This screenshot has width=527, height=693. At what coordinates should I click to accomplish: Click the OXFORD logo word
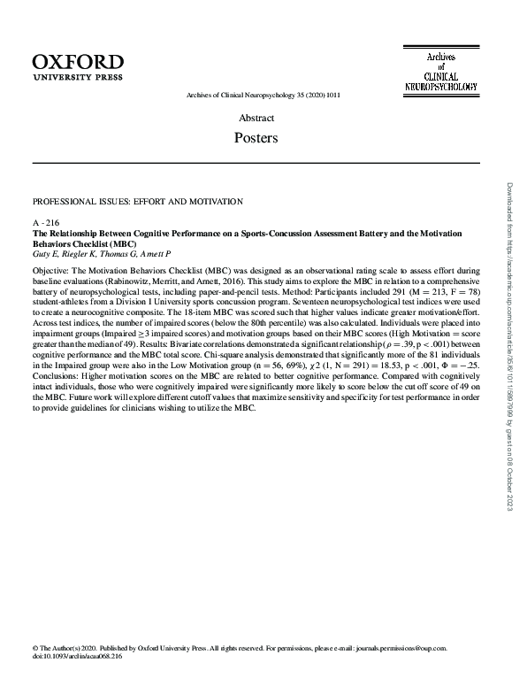(x=78, y=62)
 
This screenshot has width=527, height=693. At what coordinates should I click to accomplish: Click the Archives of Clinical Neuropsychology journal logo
(x=439, y=72)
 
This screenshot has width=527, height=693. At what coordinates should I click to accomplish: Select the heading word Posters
(x=256, y=138)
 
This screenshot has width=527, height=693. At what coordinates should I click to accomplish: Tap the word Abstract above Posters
(x=256, y=118)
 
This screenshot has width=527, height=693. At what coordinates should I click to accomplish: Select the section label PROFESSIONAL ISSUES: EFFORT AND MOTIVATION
(x=137, y=202)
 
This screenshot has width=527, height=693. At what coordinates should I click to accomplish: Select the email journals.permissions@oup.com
(x=401, y=648)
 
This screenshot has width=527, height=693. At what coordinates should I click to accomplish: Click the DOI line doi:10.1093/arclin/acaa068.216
(x=77, y=657)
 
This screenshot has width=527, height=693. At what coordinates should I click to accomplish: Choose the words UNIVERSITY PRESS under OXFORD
(x=78, y=77)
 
